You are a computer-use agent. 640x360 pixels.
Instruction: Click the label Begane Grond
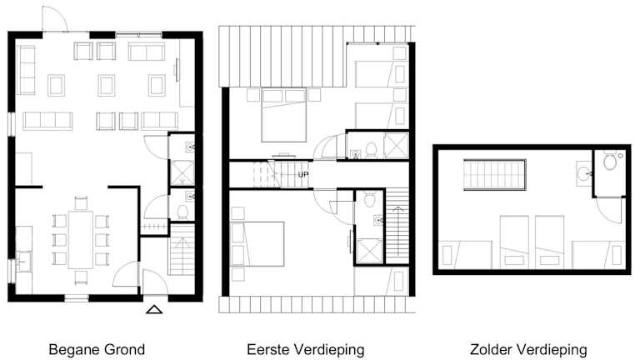click(97, 350)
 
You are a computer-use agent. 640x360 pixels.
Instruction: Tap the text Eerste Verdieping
click(306, 350)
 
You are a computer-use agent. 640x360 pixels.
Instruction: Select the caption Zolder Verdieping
click(528, 350)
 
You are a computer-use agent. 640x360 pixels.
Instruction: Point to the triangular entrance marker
click(154, 310)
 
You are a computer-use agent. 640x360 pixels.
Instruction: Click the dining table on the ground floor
click(81, 239)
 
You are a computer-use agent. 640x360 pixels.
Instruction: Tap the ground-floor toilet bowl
click(182, 212)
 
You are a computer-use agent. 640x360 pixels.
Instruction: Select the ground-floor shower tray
click(182, 173)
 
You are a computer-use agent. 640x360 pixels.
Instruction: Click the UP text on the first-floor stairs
click(302, 175)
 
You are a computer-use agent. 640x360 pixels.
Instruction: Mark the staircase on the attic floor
click(495, 175)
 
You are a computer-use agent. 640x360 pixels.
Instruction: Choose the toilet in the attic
click(610, 161)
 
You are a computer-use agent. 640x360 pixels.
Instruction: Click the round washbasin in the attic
click(584, 174)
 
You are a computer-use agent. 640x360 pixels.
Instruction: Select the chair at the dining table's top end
click(81, 203)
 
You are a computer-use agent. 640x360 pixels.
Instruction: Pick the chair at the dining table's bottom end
click(81, 277)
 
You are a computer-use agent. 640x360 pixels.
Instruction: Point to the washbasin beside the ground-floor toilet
click(190, 197)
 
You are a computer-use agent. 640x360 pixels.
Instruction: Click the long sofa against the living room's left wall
click(27, 70)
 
